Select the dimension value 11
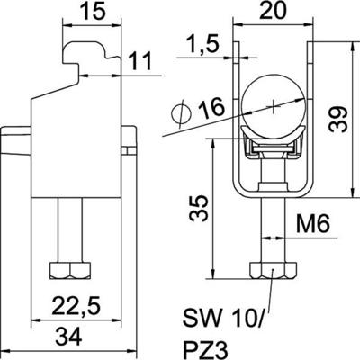137,63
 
